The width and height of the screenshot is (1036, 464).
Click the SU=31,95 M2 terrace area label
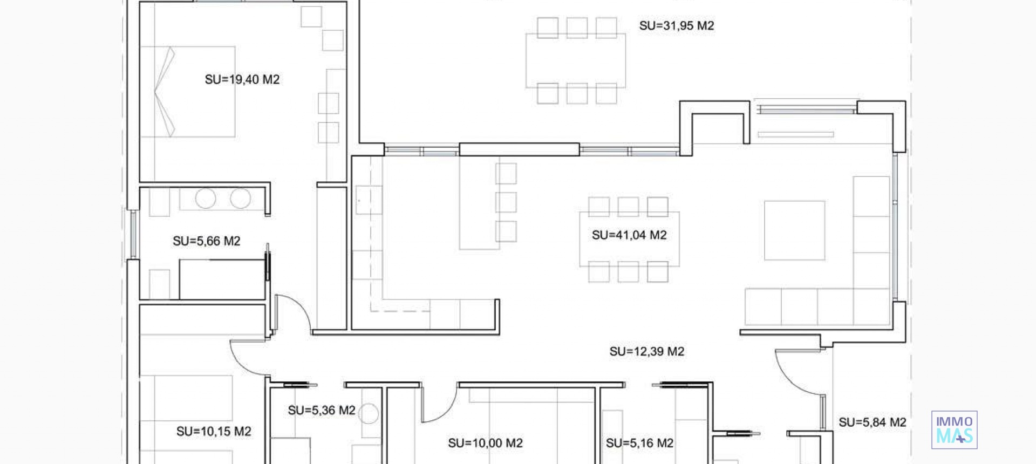point(676,26)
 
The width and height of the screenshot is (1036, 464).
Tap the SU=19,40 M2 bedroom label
point(242,80)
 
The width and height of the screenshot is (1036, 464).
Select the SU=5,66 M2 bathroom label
point(206,241)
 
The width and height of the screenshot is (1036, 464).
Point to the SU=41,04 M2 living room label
point(629,235)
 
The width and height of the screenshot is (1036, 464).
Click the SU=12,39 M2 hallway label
point(646,352)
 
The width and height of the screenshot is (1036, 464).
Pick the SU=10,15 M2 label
point(214,432)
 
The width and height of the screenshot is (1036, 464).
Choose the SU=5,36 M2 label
point(322,411)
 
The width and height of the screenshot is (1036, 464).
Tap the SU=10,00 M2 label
point(485,443)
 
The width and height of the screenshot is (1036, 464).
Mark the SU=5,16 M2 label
point(639,443)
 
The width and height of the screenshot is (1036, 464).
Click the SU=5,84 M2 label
point(872,422)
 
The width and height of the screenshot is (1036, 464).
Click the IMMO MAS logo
point(954,430)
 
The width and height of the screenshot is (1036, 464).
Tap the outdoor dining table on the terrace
point(576,60)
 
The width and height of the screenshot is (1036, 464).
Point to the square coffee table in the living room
point(794,230)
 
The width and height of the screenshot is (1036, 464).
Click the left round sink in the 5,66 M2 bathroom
point(206,199)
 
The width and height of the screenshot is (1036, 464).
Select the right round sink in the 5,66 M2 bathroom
point(241,199)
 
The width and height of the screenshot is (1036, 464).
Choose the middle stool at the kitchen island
point(506,202)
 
